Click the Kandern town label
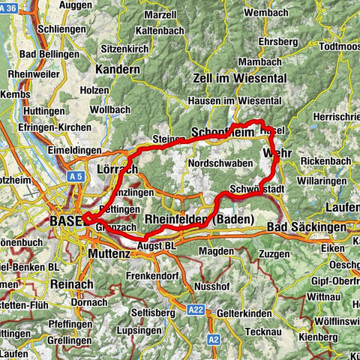coord(118,69)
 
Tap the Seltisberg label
coord(146,312)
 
